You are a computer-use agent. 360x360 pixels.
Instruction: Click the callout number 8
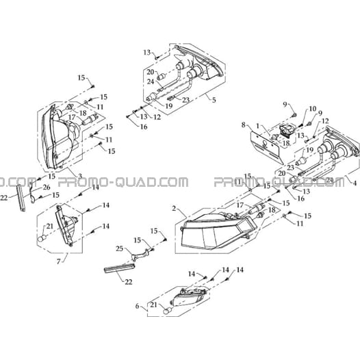[244, 125]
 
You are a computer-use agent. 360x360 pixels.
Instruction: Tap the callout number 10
[313, 109]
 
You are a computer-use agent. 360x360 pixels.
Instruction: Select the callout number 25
[119, 248]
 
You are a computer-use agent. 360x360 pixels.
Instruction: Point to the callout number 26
[47, 187]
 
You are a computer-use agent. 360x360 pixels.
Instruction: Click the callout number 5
[214, 100]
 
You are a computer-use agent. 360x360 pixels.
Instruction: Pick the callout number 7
[59, 261]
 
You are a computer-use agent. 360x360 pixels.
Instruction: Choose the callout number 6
[138, 306]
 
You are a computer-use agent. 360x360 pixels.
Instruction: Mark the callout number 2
[174, 208]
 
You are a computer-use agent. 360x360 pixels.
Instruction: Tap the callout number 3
[80, 176]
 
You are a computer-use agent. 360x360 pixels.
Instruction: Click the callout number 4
[355, 183]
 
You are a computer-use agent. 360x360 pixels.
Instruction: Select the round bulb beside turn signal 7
[41, 239]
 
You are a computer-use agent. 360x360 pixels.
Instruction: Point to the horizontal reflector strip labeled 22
[119, 268]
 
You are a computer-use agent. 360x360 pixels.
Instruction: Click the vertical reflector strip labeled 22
[21, 198]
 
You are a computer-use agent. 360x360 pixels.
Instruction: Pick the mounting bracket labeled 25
[140, 255]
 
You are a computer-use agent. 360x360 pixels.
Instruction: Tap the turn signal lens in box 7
[66, 225]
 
